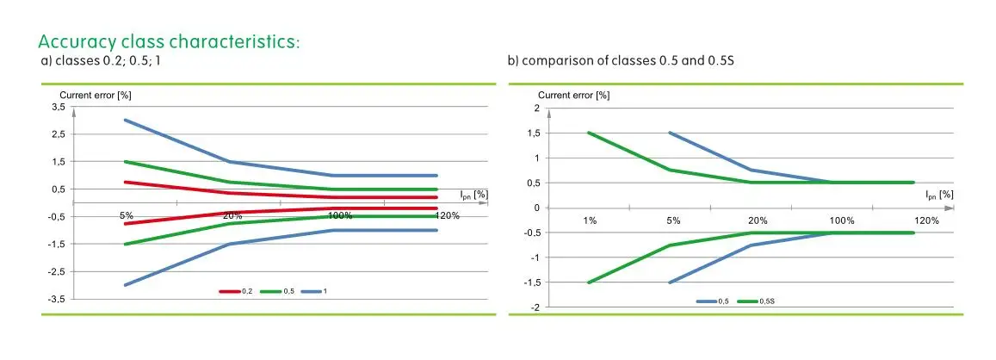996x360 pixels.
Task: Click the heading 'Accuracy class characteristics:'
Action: [169, 42]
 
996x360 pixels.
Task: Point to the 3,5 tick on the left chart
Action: [58, 107]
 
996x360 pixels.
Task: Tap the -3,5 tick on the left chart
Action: [56, 299]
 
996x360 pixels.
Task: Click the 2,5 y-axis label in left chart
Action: [58, 134]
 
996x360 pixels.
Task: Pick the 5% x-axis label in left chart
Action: [126, 215]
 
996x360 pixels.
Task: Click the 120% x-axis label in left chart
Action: [447, 215]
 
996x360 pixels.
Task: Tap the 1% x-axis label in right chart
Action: [589, 220]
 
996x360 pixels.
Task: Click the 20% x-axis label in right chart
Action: [757, 220]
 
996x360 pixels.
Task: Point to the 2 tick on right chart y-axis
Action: [536, 109]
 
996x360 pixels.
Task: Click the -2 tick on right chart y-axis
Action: [535, 307]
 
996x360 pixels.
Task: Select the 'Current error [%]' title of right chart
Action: [573, 95]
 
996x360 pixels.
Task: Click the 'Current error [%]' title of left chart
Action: [95, 94]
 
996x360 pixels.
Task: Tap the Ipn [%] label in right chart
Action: [939, 195]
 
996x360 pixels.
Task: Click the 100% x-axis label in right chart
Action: [841, 220]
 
